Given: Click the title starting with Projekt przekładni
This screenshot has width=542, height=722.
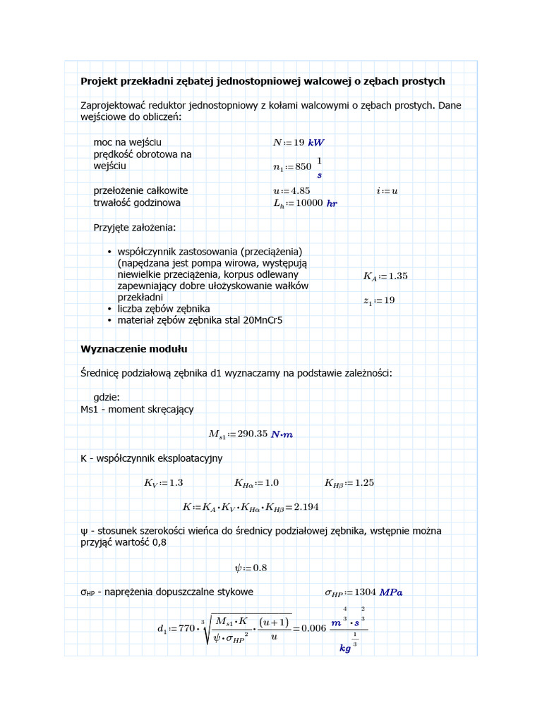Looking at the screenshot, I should pyautogui.click(x=263, y=81).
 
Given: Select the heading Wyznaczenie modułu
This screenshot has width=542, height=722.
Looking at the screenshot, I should pyautogui.click(x=134, y=349).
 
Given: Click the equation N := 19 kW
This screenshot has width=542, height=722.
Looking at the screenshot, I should pyautogui.click(x=299, y=142).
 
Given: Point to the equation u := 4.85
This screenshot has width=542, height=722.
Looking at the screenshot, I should pyautogui.click(x=291, y=190).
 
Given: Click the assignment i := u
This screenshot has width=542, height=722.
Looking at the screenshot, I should pyautogui.click(x=387, y=190).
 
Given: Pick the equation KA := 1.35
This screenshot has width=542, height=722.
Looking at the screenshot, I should pyautogui.click(x=385, y=276).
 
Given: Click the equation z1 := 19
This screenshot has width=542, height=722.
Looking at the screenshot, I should pyautogui.click(x=379, y=300).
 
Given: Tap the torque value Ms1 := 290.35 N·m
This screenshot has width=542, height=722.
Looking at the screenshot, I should pyautogui.click(x=251, y=434).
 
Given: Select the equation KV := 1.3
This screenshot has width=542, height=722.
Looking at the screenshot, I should pyautogui.click(x=163, y=483).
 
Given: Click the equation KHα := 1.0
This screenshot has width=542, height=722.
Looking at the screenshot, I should pyautogui.click(x=256, y=483).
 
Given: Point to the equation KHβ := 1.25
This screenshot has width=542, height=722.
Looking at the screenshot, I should pyautogui.click(x=349, y=483).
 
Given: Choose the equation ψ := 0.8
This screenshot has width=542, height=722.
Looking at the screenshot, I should pyautogui.click(x=251, y=568).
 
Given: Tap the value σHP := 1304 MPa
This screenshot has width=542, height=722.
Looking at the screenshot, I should pyautogui.click(x=363, y=592).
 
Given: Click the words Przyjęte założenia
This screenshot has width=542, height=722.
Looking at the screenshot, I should pyautogui.click(x=135, y=227).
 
